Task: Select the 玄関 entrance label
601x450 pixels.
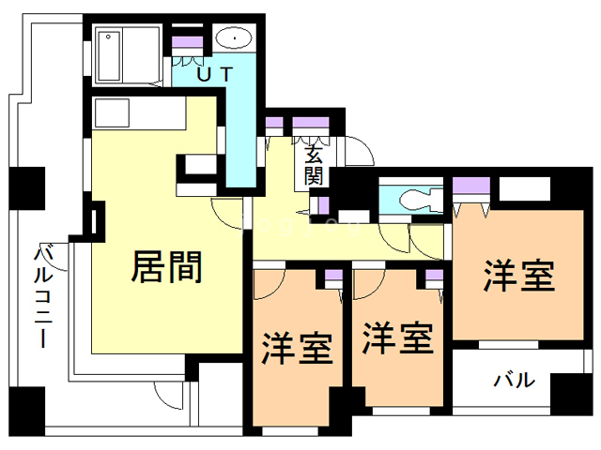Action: pos(314,166)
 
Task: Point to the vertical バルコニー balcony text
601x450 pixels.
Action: pos(42,297)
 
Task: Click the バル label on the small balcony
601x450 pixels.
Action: pos(515,381)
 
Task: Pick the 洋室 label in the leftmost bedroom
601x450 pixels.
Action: pos(296,348)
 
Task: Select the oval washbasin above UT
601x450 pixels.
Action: pos(232,39)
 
